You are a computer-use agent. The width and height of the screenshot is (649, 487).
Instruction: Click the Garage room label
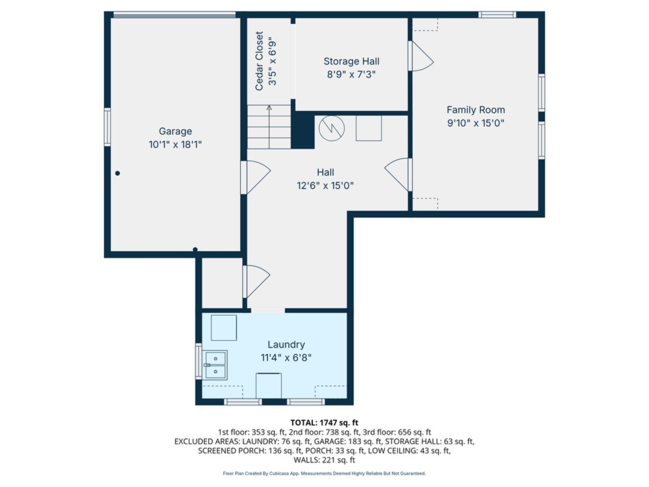175,131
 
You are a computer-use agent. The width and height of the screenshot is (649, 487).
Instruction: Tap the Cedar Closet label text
259,61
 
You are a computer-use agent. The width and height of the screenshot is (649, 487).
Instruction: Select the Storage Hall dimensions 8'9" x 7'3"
351,74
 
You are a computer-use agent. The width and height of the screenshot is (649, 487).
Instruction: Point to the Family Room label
476,110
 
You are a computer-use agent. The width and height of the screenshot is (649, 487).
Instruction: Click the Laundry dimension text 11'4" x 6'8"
286,358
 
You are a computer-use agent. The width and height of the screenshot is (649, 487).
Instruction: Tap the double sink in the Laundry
215,365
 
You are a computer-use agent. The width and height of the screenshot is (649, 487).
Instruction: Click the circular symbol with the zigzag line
332,128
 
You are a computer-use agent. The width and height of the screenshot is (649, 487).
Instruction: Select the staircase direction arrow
269,127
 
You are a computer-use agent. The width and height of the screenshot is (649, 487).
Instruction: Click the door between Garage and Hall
256,177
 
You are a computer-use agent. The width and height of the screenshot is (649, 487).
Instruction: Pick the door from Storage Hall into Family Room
421,56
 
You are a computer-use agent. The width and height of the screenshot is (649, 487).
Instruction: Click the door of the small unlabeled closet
256,281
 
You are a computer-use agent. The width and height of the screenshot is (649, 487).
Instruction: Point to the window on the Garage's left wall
107,127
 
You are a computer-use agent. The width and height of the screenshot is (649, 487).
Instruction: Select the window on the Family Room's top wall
497,15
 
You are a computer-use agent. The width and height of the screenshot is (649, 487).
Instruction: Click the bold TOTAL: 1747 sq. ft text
324,422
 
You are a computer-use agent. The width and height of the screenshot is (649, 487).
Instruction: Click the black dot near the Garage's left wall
117,173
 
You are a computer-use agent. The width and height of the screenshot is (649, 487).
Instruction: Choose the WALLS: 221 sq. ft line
324,460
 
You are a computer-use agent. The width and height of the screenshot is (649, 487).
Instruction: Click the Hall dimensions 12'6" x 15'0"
325,186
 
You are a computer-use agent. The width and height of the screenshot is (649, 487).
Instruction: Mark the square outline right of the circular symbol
369,128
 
